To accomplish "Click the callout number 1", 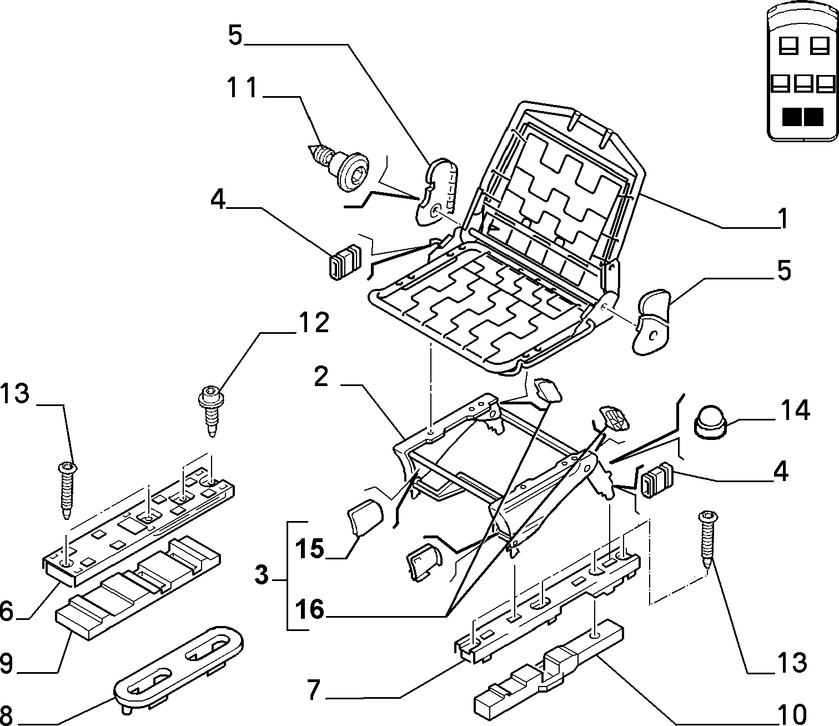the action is tap(783, 218).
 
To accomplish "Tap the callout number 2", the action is tap(321, 377).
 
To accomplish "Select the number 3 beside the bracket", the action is tap(262, 575).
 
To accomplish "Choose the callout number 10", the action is tap(792, 715).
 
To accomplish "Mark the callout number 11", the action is tap(242, 87).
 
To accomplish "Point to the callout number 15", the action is tap(309, 549).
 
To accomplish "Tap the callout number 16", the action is tap(310, 610).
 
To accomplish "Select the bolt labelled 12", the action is tap(210, 410).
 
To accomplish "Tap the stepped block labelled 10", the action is tap(548, 670).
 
